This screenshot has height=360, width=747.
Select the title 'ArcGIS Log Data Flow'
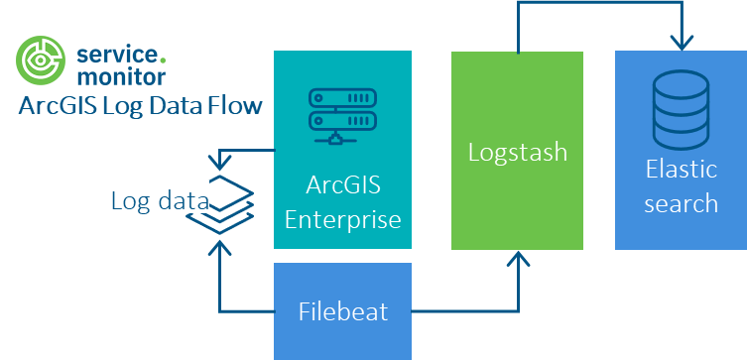pyautogui.click(x=140, y=105)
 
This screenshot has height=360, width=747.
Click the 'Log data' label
pyautogui.click(x=159, y=200)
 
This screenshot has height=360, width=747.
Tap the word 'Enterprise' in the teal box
pyautogui.click(x=342, y=219)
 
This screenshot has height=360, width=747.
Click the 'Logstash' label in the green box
pyautogui.click(x=517, y=153)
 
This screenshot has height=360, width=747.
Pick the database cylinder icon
pyautogui.click(x=681, y=110)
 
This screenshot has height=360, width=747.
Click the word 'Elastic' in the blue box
pyautogui.click(x=681, y=169)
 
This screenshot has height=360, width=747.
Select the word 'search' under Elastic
pyautogui.click(x=681, y=203)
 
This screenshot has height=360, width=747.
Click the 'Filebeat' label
pyautogui.click(x=342, y=311)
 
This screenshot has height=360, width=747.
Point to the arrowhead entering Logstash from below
pyautogui.click(x=517, y=259)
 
